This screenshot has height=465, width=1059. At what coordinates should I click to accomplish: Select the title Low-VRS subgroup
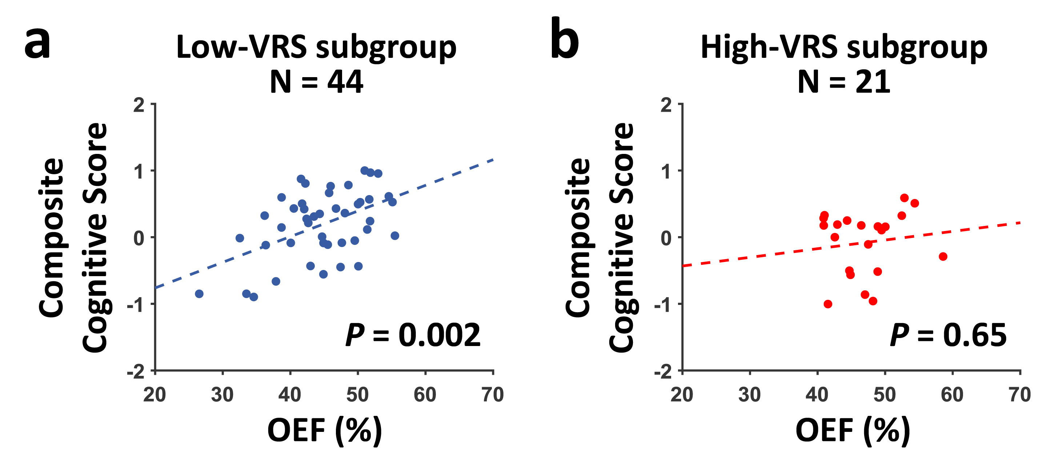316,47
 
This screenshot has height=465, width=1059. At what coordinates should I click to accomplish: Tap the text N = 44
316,82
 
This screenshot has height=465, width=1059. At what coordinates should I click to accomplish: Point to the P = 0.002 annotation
413,335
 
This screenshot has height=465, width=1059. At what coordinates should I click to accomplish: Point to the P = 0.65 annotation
948,335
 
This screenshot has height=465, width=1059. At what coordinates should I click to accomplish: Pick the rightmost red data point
943,257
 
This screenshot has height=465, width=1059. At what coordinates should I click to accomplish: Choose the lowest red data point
828,304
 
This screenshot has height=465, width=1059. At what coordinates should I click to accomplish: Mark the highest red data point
904,198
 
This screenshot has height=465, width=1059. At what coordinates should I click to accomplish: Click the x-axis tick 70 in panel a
493,395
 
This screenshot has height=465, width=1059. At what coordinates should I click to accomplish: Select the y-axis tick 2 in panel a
139,106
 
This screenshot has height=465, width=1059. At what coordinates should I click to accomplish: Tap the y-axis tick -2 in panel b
663,372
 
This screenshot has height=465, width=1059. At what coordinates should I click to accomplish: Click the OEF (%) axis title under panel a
325,430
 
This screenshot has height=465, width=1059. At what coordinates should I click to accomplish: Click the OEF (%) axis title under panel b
853,430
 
